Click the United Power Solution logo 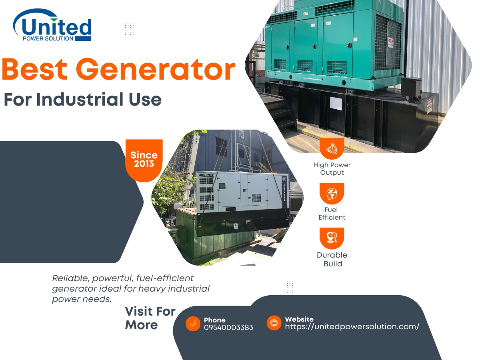pyautogui.click(x=52, y=26)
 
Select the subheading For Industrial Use pyautogui.click(x=82, y=99)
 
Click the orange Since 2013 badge pyautogui.click(x=144, y=159)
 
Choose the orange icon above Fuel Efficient pyautogui.click(x=332, y=194)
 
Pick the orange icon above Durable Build pyautogui.click(x=332, y=238)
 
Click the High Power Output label pyautogui.click(x=332, y=169)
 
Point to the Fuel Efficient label pyautogui.click(x=332, y=214)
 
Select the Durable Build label pyautogui.click(x=332, y=259)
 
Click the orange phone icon pyautogui.click(x=193, y=324)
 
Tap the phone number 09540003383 pyautogui.click(x=228, y=328)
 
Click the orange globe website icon pyautogui.click(x=274, y=323)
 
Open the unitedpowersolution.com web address pyautogui.click(x=352, y=327)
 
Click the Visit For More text pyautogui.click(x=150, y=318)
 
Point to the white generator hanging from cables pyautogui.click(x=240, y=192)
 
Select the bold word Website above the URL pyautogui.click(x=299, y=319)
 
